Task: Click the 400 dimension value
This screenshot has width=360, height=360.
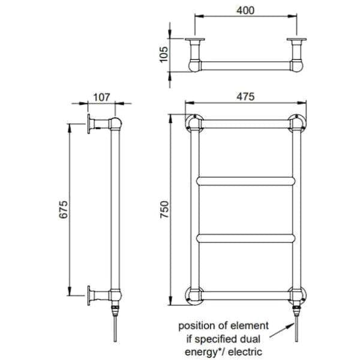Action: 246,11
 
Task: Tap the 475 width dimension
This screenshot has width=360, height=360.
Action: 246,96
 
